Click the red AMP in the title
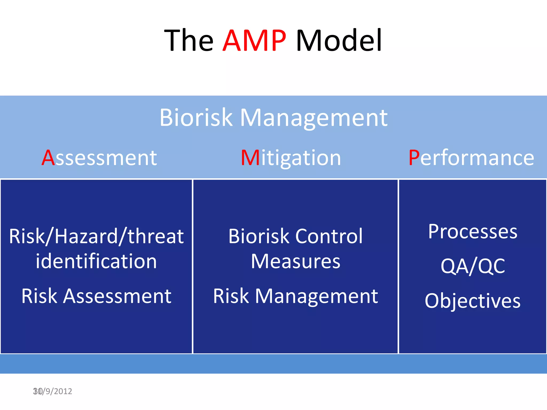click(x=254, y=41)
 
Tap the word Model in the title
click(x=339, y=41)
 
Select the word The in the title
click(x=189, y=41)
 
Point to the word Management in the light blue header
click(x=314, y=118)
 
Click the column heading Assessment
click(x=99, y=158)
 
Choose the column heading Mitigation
click(x=291, y=158)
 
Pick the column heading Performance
click(x=471, y=158)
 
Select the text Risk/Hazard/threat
click(x=96, y=236)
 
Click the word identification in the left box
click(x=96, y=261)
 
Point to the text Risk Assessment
click(x=96, y=296)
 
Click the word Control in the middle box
click(x=329, y=236)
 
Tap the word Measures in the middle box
click(x=295, y=262)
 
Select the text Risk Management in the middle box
click(x=295, y=296)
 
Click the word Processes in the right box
click(x=472, y=232)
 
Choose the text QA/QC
click(x=472, y=266)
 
